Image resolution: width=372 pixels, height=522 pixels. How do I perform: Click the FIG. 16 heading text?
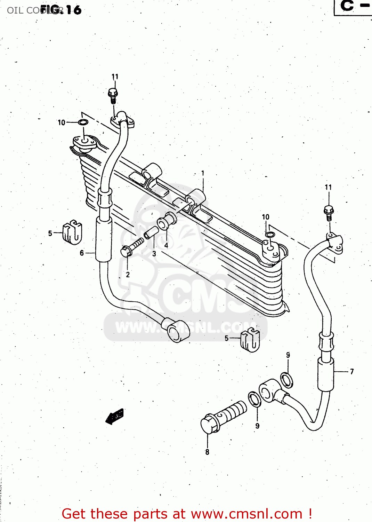click(61, 10)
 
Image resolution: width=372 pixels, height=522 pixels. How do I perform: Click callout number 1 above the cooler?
click(203, 173)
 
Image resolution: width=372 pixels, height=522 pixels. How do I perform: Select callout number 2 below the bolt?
click(128, 275)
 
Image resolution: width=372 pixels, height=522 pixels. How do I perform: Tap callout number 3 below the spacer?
click(154, 254)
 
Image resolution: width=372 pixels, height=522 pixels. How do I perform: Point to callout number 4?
click(166, 245)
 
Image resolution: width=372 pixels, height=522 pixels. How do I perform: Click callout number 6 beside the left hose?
click(82, 253)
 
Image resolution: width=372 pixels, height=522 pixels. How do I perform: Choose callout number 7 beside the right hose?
click(352, 371)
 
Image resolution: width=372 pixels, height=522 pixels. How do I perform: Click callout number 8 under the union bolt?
click(207, 452)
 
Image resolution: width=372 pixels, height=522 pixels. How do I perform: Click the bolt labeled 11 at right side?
click(329, 211)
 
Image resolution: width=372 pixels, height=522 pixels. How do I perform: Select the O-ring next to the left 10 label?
click(83, 122)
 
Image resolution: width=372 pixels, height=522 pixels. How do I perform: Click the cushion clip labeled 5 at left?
click(72, 232)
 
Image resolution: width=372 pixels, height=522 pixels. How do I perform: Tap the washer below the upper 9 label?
click(286, 380)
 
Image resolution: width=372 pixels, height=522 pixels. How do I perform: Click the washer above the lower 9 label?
click(254, 399)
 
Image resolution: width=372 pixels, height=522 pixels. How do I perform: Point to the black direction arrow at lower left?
click(115, 416)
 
